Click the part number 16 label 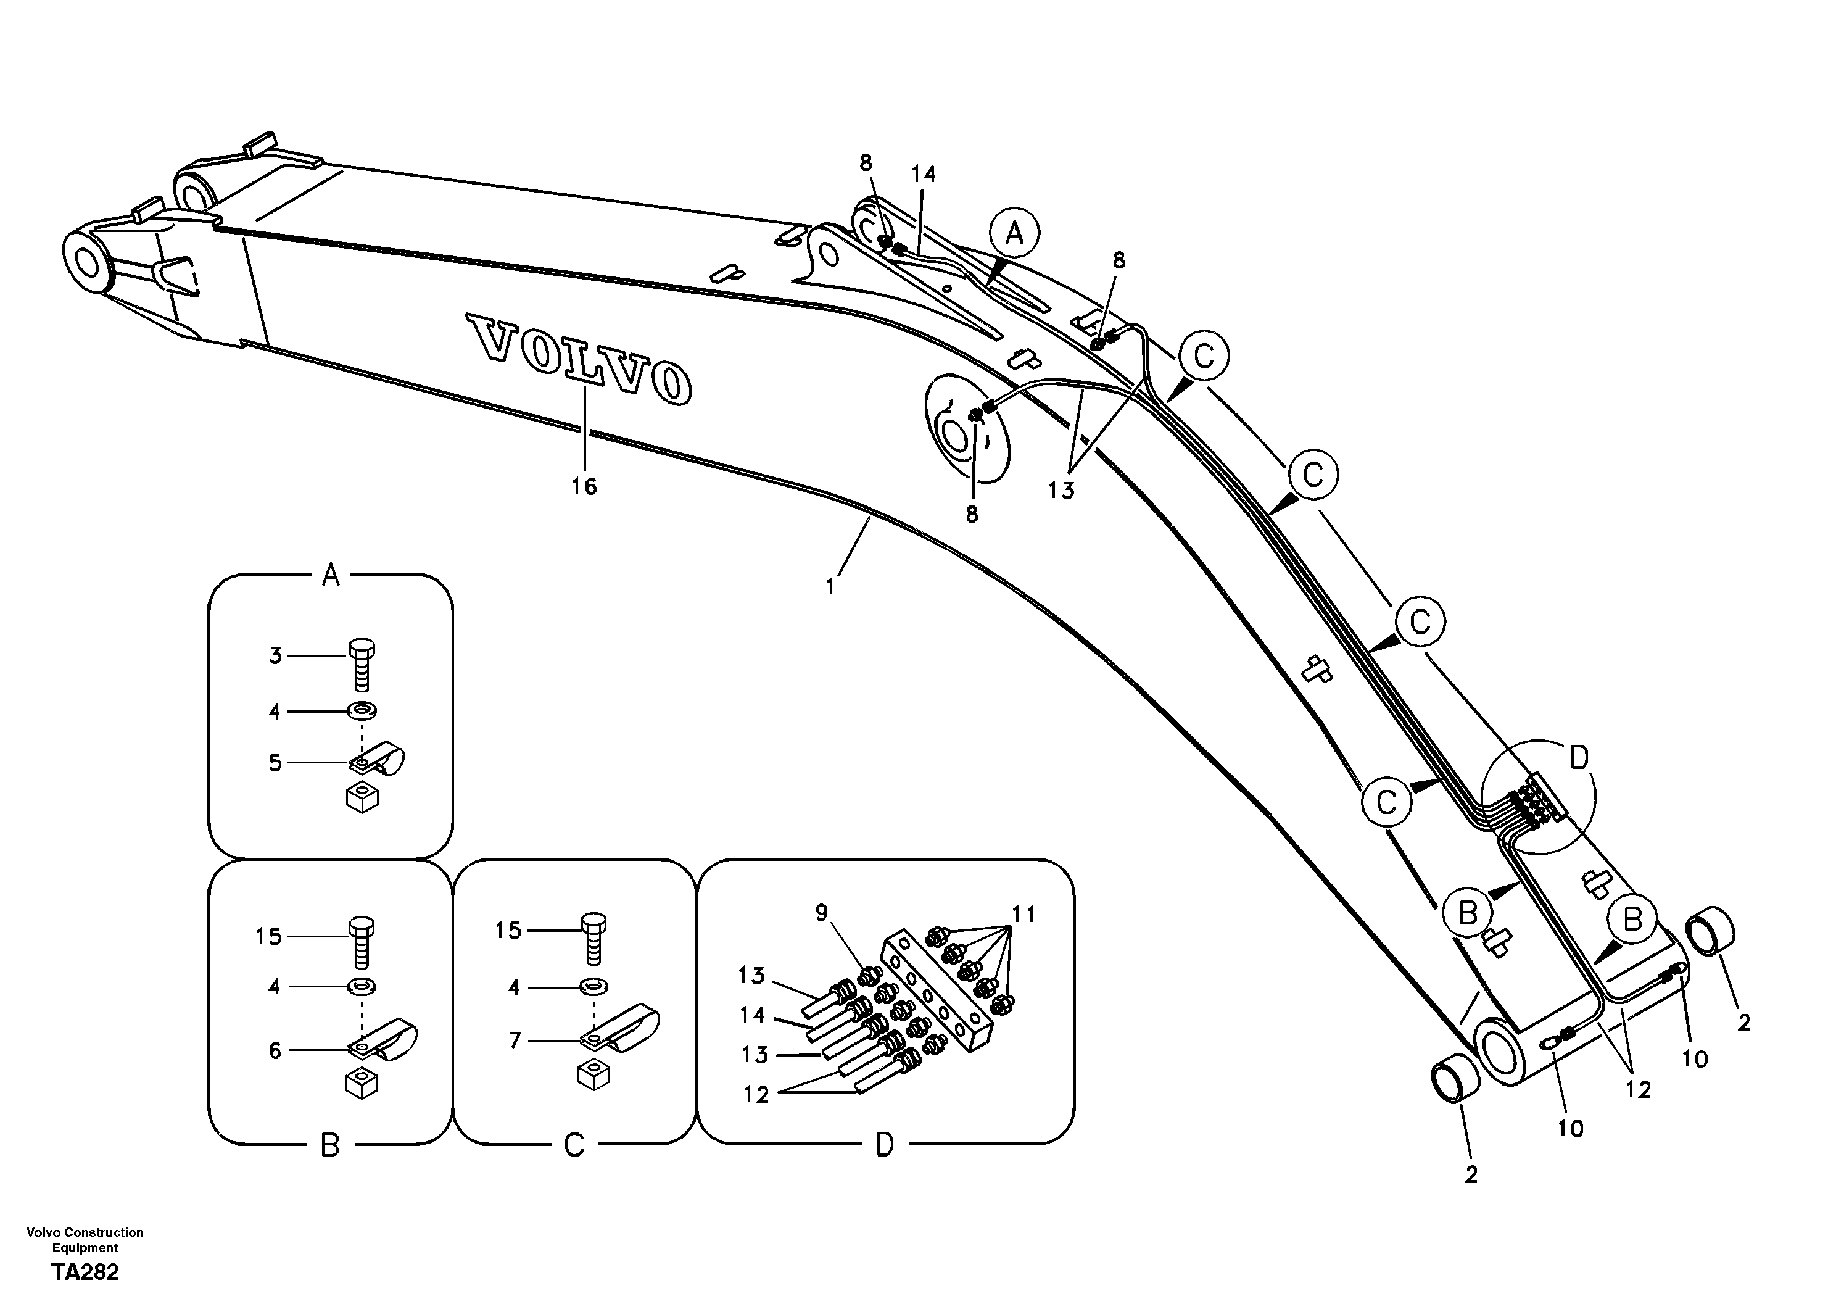pyautogui.click(x=584, y=486)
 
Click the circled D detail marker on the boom pyautogui.click(x=1579, y=758)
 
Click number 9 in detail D pyautogui.click(x=822, y=913)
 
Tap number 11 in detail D pyautogui.click(x=1023, y=913)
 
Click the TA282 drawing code pyautogui.click(x=85, y=1271)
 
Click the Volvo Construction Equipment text pyautogui.click(x=85, y=1239)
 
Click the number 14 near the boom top pyautogui.click(x=923, y=173)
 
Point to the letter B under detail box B pyautogui.click(x=330, y=1147)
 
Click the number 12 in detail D pyautogui.click(x=756, y=1094)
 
